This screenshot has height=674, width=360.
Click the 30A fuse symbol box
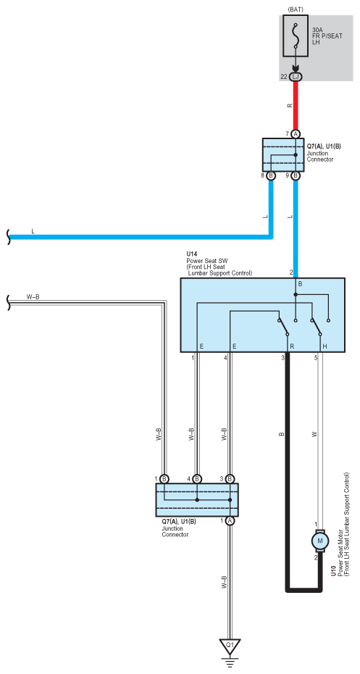(296, 36)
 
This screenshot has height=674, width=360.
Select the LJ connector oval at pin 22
(296, 77)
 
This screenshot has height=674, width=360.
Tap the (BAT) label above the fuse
(296, 9)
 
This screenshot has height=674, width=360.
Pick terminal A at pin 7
(296, 134)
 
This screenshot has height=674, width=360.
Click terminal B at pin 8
(271, 176)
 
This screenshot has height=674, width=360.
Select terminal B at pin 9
(296, 176)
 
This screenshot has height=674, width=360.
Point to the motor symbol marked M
(319, 540)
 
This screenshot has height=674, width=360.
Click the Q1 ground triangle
(230, 646)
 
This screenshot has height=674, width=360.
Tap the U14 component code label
(191, 255)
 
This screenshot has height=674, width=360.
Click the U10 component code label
(334, 570)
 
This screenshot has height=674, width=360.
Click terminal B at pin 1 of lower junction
(164, 479)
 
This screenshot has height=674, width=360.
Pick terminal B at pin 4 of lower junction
(197, 479)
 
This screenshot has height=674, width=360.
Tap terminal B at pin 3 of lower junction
(230, 479)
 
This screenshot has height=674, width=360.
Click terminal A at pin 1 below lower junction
(230, 520)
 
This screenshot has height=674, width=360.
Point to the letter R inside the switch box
(292, 346)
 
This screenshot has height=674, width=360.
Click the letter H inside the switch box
(325, 346)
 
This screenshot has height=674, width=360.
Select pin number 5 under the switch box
(316, 357)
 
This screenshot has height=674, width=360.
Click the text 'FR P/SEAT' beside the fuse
(328, 36)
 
